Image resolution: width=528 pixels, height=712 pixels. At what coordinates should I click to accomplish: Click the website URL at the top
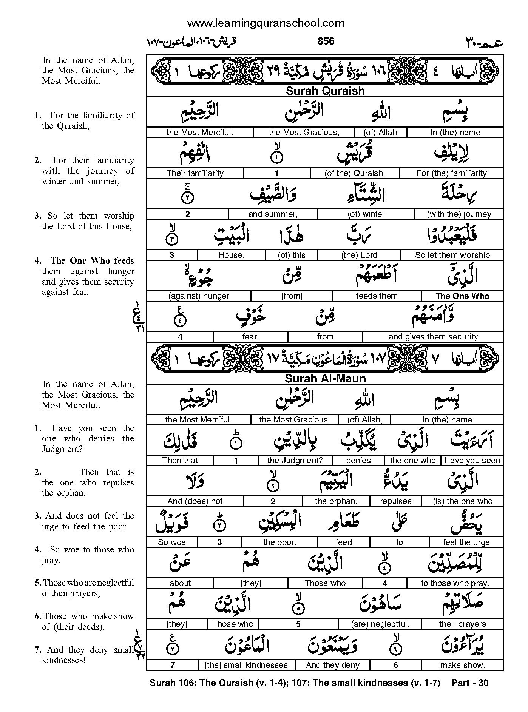click(266, 23)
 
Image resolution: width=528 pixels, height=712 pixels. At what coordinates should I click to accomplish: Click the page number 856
click(326, 41)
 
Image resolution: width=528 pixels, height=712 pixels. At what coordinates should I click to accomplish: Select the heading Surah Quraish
click(325, 91)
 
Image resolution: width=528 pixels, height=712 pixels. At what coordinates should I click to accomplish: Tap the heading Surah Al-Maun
click(325, 378)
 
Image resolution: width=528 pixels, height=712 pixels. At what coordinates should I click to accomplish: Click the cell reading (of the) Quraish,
click(355, 173)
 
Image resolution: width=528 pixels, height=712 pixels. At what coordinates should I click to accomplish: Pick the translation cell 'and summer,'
click(273, 214)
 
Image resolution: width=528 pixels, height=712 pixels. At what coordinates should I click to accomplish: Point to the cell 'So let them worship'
click(452, 255)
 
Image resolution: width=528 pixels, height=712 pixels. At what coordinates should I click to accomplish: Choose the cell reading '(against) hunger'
click(199, 296)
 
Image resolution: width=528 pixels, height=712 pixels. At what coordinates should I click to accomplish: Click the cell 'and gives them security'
click(433, 336)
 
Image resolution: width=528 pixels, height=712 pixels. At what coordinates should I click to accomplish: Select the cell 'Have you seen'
click(472, 461)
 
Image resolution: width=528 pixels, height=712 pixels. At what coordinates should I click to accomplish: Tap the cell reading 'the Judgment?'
click(295, 461)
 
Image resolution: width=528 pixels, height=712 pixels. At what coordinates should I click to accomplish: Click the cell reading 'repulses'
click(395, 501)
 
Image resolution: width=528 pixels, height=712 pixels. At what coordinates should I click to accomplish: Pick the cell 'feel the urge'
click(466, 542)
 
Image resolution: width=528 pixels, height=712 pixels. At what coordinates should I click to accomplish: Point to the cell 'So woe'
click(172, 542)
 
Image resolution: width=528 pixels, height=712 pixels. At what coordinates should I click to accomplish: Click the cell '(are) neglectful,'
click(380, 624)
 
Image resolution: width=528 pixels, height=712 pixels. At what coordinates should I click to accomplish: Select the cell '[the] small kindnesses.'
click(247, 665)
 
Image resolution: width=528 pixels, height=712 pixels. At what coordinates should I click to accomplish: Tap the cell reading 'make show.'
click(462, 665)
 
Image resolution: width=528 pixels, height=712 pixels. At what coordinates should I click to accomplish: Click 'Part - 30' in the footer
click(470, 683)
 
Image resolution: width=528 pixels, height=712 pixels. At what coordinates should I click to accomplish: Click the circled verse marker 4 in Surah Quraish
click(180, 321)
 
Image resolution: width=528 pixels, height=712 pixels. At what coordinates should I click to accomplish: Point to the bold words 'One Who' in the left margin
click(90, 260)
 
